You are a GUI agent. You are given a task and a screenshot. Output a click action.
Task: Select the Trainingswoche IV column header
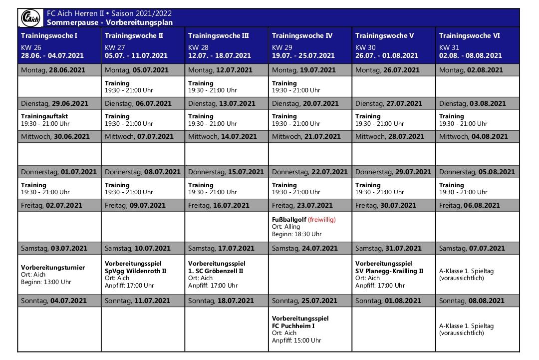tap(302, 36)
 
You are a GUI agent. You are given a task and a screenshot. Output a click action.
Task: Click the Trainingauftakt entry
tap(44, 116)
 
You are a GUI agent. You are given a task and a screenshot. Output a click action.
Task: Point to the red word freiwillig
tap(321, 219)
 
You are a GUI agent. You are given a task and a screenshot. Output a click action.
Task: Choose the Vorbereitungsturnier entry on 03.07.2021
tap(53, 268)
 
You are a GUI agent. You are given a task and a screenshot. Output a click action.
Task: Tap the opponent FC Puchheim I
tap(294, 326)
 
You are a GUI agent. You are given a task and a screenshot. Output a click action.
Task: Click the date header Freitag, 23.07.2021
tap(302, 205)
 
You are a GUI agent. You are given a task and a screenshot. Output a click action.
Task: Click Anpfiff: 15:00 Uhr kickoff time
tap(296, 341)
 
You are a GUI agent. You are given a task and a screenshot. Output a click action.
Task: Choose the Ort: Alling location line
tap(286, 227)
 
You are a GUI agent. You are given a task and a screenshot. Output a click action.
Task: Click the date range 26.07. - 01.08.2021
tap(387, 56)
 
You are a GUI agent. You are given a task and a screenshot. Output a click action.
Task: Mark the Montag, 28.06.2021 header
tap(53, 70)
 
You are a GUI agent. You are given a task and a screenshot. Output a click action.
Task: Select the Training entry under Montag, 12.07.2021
tap(201, 83)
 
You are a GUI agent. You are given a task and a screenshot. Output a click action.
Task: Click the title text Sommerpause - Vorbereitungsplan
tap(110, 22)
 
